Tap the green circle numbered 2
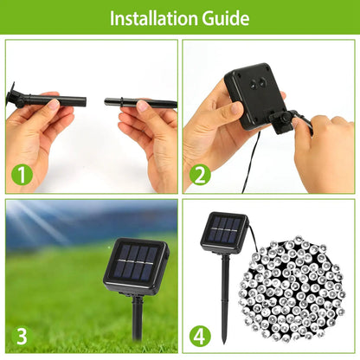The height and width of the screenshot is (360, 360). (x=200, y=175)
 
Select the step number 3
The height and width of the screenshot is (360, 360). (x=22, y=335)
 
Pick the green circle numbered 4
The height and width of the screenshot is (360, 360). (x=200, y=335)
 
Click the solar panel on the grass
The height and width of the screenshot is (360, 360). (x=136, y=264)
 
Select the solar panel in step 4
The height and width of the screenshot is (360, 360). (x=224, y=231)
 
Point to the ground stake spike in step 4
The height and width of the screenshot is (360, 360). (x=225, y=299)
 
